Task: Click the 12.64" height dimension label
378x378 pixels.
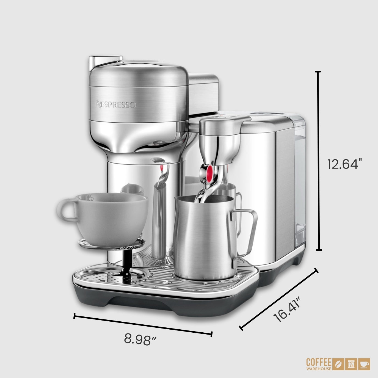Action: [x=343, y=164]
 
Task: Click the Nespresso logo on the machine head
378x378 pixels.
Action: [x=116, y=104]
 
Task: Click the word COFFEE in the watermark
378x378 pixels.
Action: [x=319, y=362]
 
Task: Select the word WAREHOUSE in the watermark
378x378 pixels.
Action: [x=319, y=369]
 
